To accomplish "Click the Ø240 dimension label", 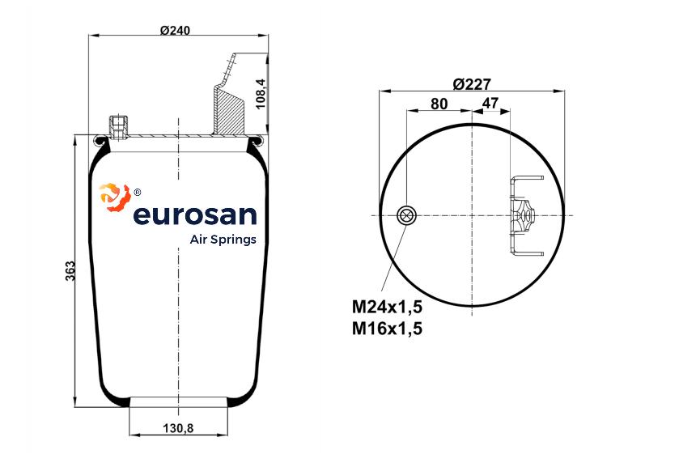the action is click(175, 30).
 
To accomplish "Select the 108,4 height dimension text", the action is click(261, 93).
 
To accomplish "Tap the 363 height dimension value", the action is click(70, 271).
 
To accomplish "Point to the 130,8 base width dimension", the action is click(178, 428).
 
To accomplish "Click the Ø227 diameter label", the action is click(472, 83).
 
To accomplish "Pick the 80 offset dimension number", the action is click(439, 104).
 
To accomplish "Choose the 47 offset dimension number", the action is click(490, 103).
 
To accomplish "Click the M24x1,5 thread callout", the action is click(387, 307).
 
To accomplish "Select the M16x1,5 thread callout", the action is click(387, 329).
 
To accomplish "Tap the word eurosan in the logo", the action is click(195, 214).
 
